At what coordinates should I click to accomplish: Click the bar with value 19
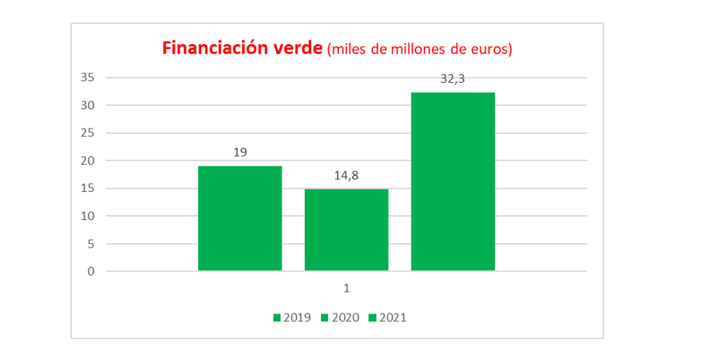pos(240,218)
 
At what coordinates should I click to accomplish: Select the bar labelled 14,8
pos(347,230)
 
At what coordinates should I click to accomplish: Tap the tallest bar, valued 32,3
pos(453,182)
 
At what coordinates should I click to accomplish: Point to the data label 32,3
pos(453,79)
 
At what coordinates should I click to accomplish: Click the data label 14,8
pos(347,176)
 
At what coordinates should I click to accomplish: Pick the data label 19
pos(240,153)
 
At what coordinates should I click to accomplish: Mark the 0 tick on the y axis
pos(91,271)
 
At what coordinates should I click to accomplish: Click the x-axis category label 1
pos(347,288)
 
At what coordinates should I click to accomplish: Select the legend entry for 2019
pos(292,317)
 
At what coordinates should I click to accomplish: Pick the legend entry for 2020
pos(340,317)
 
